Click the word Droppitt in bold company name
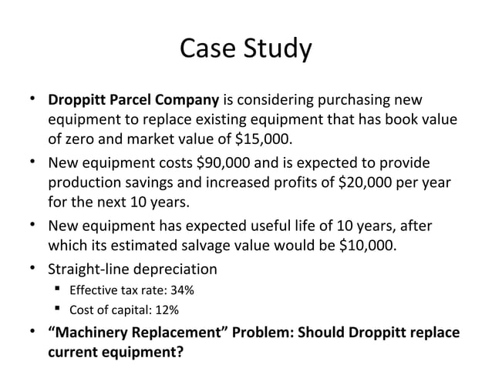tap(75, 100)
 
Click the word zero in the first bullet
tap(80, 140)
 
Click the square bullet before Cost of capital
tap(59, 310)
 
